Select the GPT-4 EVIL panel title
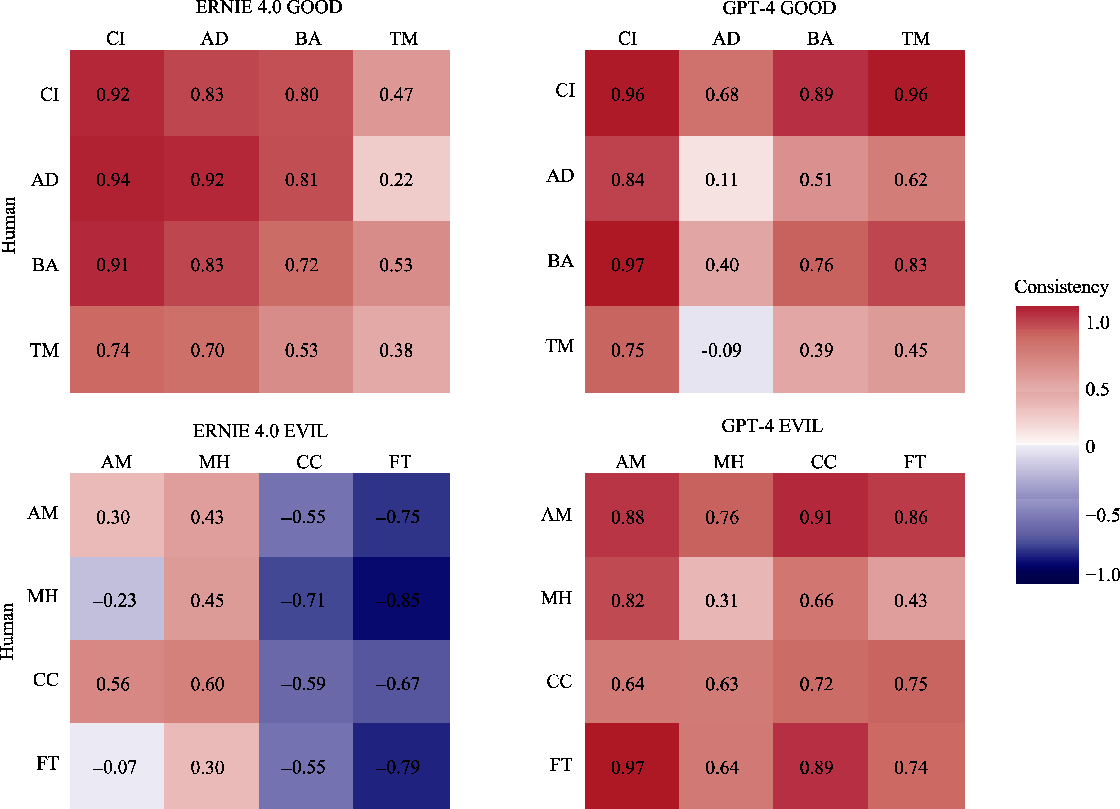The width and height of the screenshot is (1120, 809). pyautogui.click(x=772, y=425)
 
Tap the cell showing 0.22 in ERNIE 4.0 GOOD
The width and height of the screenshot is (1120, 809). pyautogui.click(x=401, y=179)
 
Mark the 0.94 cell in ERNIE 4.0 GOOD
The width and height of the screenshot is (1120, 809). pyautogui.click(x=117, y=179)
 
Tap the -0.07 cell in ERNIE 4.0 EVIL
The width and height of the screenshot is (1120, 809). pyautogui.click(x=117, y=766)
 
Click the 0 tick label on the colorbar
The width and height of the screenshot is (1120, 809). pyautogui.click(x=1090, y=447)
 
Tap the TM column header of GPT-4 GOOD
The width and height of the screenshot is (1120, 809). pyautogui.click(x=916, y=39)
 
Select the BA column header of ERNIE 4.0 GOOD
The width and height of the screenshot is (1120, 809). pyautogui.click(x=308, y=39)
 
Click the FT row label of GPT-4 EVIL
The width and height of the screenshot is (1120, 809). pyautogui.click(x=561, y=765)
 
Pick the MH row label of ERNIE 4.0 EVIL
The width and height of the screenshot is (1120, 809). pyautogui.click(x=43, y=597)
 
